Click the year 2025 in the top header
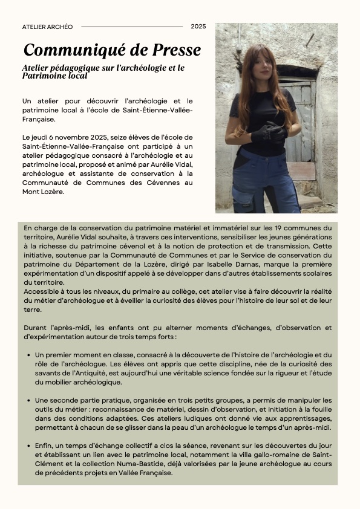(198, 27)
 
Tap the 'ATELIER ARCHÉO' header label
(47, 27)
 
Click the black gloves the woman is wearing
(266, 132)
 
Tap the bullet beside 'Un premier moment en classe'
(29, 354)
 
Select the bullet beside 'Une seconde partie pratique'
(29, 401)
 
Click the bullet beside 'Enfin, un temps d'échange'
(29, 447)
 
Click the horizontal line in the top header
(131, 27)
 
